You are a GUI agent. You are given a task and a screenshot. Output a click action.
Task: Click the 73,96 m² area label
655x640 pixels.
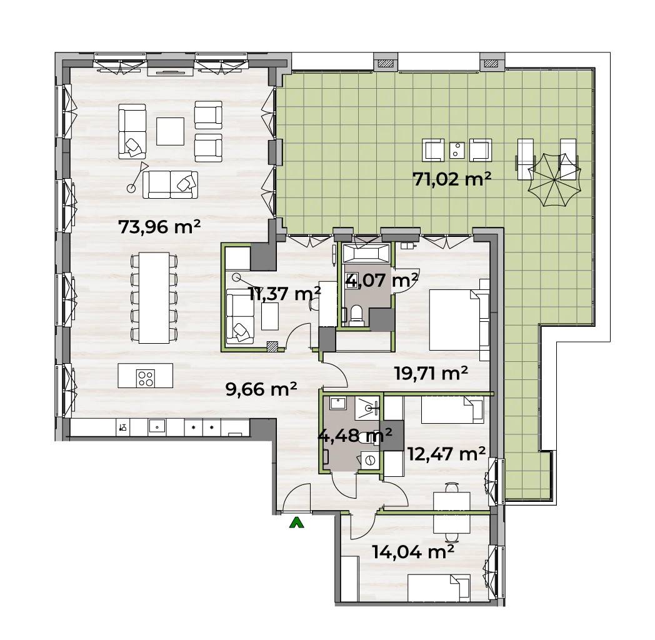click(x=159, y=227)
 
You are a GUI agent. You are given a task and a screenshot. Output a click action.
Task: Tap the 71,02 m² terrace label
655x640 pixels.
click(x=452, y=179)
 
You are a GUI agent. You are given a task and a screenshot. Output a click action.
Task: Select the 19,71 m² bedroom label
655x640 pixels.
click(x=431, y=372)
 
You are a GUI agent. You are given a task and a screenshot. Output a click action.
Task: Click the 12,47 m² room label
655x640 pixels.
click(x=446, y=453)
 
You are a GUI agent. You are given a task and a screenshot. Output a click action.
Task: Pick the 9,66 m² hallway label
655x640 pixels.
click(x=261, y=389)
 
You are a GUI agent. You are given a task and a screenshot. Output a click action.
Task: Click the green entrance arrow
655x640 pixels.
click(x=297, y=522)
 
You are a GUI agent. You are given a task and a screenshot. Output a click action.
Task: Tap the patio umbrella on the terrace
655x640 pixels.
click(x=554, y=180)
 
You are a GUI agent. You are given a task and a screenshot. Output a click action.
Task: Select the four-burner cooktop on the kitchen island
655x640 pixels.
click(x=146, y=378)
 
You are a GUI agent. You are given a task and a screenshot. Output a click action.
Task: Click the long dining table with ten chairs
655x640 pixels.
click(x=154, y=297)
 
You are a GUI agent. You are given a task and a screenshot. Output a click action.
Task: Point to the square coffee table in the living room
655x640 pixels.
click(x=171, y=131)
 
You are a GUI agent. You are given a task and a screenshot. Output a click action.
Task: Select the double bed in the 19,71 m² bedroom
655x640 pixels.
click(x=459, y=319)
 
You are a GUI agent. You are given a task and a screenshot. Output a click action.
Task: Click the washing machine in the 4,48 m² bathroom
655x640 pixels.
click(x=371, y=461)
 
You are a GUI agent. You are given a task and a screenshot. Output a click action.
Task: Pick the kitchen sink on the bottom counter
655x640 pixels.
click(x=157, y=427)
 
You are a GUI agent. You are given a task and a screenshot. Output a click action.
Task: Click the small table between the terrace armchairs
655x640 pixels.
click(x=457, y=149)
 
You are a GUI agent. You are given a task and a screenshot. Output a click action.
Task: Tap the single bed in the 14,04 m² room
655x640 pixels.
click(x=439, y=587)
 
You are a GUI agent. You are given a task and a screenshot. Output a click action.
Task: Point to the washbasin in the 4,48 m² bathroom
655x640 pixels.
click(x=336, y=404)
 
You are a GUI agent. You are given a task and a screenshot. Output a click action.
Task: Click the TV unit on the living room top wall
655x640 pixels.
click(x=171, y=72)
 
